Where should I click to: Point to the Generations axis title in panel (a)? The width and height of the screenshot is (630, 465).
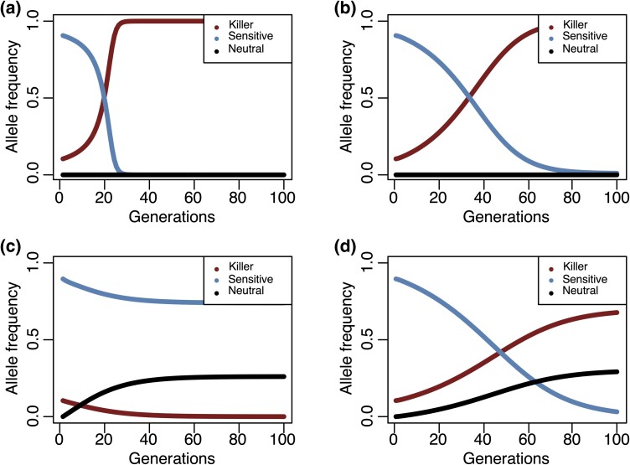click(171, 217)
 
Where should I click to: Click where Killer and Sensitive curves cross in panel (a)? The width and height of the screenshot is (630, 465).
click(103, 98)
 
